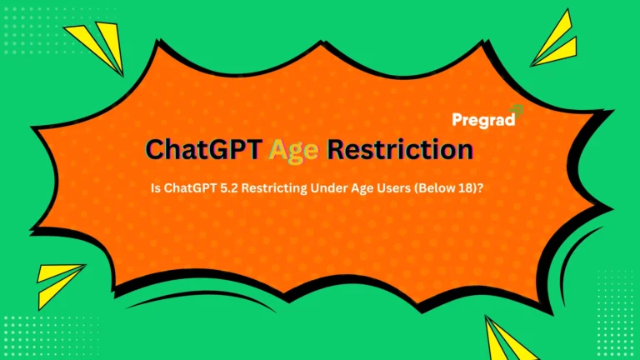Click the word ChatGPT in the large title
(201, 150)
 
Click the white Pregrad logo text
(481, 120)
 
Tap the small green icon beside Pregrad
(517, 109)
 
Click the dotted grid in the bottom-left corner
(33, 333)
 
